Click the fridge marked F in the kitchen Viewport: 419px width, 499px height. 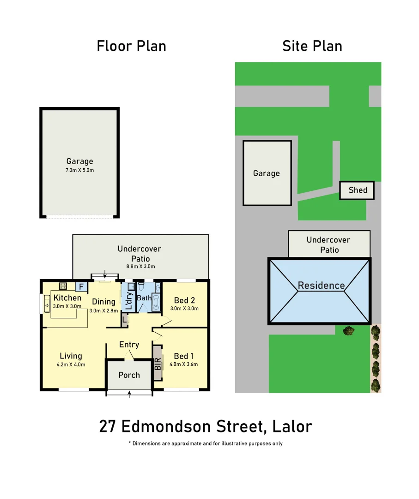point(81,287)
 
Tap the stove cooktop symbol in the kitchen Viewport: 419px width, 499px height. point(63,286)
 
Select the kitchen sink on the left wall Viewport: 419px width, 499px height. point(47,304)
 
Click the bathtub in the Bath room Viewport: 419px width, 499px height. point(156,304)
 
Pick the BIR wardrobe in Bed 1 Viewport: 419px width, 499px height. point(158,363)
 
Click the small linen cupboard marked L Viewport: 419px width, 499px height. point(125,319)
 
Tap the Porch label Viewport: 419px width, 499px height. point(129,375)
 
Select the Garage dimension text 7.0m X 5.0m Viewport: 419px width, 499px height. point(79,170)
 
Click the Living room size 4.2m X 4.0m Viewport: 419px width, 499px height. point(71,365)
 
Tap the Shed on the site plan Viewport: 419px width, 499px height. point(357,190)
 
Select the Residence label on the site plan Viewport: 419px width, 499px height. point(321,285)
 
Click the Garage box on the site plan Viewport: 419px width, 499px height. point(267,173)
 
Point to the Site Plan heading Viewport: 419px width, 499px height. point(312,46)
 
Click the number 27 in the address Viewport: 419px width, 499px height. point(108,426)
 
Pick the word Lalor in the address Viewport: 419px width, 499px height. point(292,426)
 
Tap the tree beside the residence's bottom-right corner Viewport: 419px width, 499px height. point(349,331)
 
